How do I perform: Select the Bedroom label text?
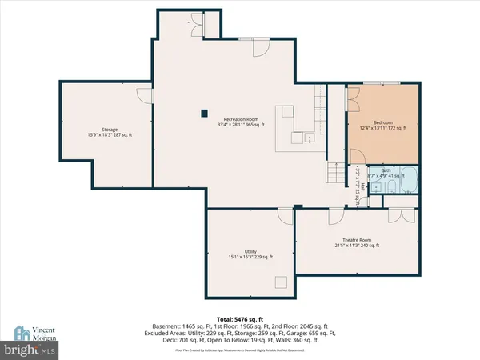(384, 125)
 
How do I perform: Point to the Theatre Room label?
(357, 242)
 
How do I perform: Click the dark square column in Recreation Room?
(205, 112)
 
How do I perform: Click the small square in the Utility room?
(281, 281)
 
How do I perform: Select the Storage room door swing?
(144, 96)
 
